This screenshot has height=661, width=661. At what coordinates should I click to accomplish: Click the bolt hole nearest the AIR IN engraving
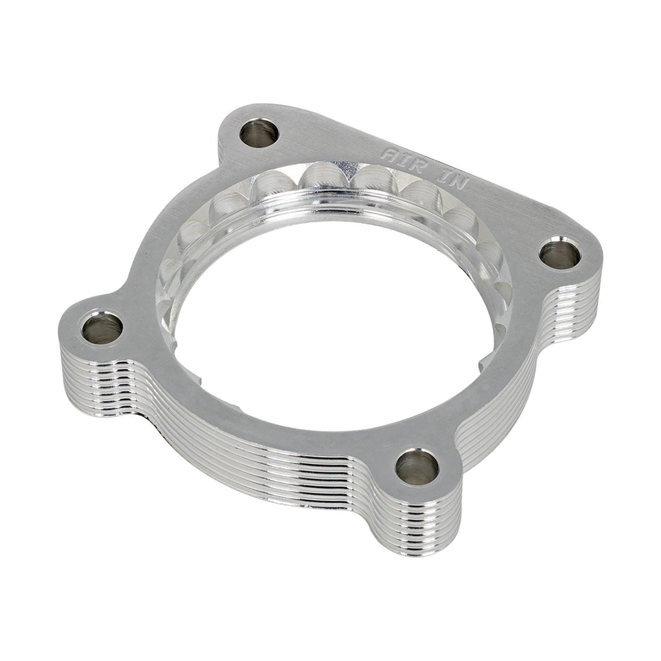tap(258, 134)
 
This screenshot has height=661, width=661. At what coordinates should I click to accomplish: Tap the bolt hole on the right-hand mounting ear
tap(561, 254)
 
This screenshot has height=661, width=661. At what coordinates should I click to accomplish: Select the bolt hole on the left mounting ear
tap(102, 327)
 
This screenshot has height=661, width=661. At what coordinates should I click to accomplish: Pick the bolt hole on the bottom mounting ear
tap(417, 467)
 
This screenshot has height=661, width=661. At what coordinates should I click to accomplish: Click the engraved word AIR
tap(399, 159)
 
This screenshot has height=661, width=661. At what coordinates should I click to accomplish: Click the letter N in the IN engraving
tap(458, 183)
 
